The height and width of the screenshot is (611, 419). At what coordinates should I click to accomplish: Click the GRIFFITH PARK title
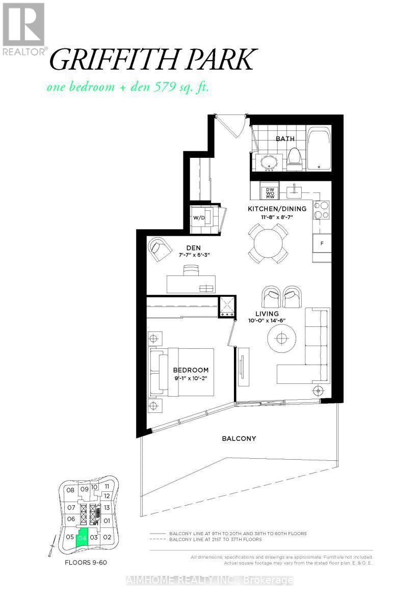click(x=151, y=60)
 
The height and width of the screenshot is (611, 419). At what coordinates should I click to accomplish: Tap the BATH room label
click(x=286, y=138)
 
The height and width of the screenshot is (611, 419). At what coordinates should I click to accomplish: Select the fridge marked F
click(x=322, y=243)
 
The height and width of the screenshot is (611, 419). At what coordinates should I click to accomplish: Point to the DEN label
click(x=193, y=248)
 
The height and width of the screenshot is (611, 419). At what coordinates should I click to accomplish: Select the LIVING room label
click(x=267, y=314)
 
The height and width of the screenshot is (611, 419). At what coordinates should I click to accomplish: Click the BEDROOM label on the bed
click(x=191, y=370)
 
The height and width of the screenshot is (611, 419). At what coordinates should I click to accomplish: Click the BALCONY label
click(x=239, y=438)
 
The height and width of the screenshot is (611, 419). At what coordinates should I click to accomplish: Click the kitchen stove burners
click(x=321, y=209)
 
